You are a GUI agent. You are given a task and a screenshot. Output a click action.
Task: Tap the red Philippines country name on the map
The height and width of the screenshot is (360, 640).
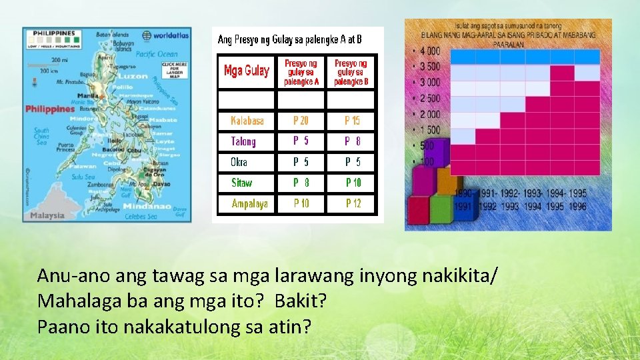click(50, 109)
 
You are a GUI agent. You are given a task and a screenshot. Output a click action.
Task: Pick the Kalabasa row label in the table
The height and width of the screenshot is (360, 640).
click(247, 121)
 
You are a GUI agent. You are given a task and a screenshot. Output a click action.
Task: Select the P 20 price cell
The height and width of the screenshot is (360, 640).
click(301, 121)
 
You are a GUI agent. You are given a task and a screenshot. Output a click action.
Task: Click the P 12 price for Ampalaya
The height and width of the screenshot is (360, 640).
click(353, 203)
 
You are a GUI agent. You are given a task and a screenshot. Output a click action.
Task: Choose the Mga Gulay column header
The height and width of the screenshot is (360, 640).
click(247, 71)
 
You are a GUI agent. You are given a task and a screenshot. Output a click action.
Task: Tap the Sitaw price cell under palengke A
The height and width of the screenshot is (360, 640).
click(301, 182)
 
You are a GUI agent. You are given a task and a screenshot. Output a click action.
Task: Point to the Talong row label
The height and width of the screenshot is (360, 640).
click(243, 141)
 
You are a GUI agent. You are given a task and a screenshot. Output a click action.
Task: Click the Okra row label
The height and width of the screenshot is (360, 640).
click(239, 162)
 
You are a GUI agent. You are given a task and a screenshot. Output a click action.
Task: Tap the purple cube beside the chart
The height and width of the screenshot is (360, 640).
click(421, 179)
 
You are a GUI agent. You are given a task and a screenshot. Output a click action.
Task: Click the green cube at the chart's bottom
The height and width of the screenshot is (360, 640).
click(441, 209)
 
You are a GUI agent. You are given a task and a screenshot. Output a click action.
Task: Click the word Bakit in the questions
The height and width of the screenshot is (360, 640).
click(301, 301)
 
